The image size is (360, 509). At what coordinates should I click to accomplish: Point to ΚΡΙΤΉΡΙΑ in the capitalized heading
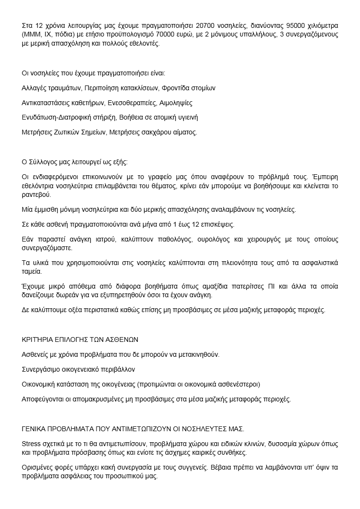40,339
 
